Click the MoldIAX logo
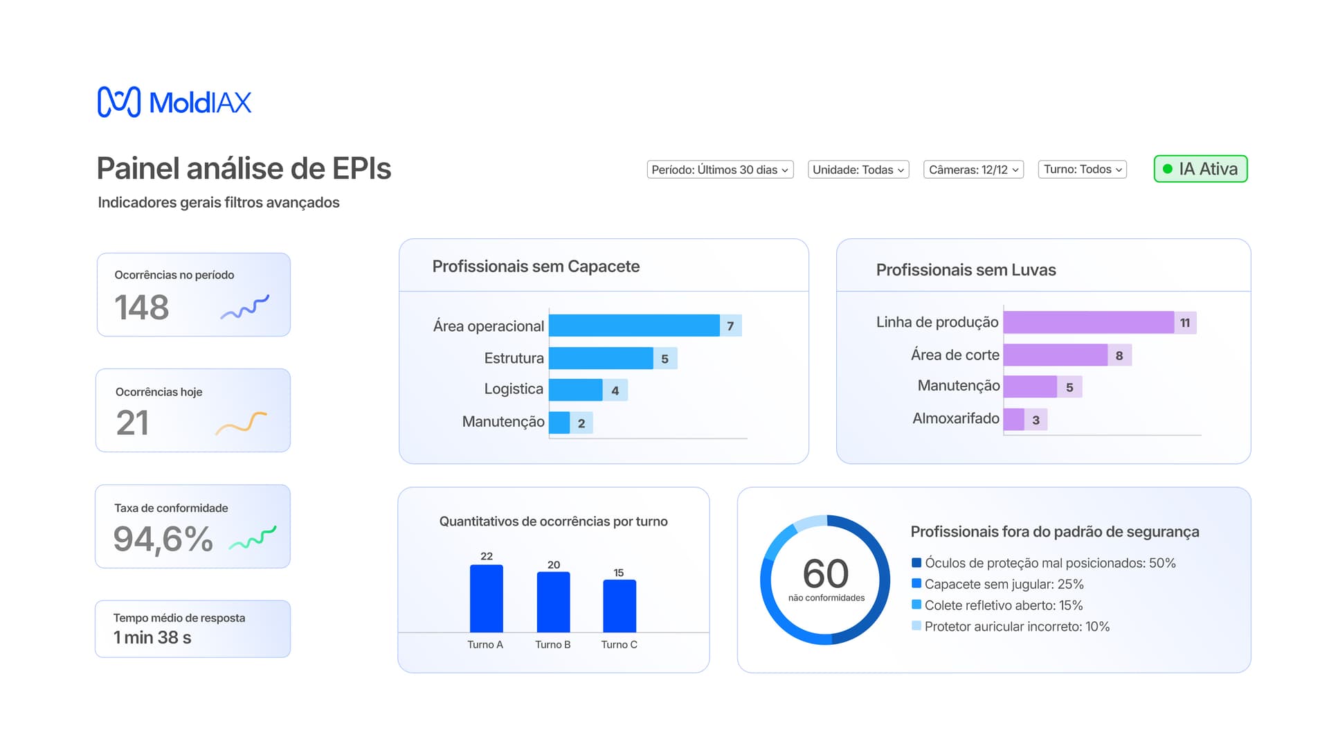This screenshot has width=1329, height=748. click(174, 103)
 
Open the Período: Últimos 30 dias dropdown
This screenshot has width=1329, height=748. click(720, 170)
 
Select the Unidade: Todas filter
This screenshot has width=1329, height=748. click(858, 170)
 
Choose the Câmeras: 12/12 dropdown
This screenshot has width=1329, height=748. click(973, 170)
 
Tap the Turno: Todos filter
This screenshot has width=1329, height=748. click(1083, 169)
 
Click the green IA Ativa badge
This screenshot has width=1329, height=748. click(1200, 169)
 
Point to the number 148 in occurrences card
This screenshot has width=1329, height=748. click(142, 308)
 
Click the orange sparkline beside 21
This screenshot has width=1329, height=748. click(241, 423)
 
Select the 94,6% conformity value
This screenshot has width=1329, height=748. click(163, 539)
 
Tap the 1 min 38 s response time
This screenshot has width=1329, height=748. click(152, 637)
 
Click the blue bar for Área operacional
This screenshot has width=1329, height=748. click(634, 326)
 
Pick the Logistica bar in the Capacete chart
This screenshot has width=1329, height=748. click(575, 390)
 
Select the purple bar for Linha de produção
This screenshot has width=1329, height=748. click(1088, 323)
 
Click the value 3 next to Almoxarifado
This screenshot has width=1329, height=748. click(1036, 420)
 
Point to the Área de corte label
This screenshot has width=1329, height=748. click(955, 355)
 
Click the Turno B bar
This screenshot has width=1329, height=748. click(553, 602)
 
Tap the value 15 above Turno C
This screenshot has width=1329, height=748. click(619, 573)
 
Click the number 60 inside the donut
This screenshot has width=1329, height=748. click(825, 573)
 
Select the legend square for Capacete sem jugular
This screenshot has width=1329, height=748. click(916, 583)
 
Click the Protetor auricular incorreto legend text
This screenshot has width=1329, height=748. click(1017, 626)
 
